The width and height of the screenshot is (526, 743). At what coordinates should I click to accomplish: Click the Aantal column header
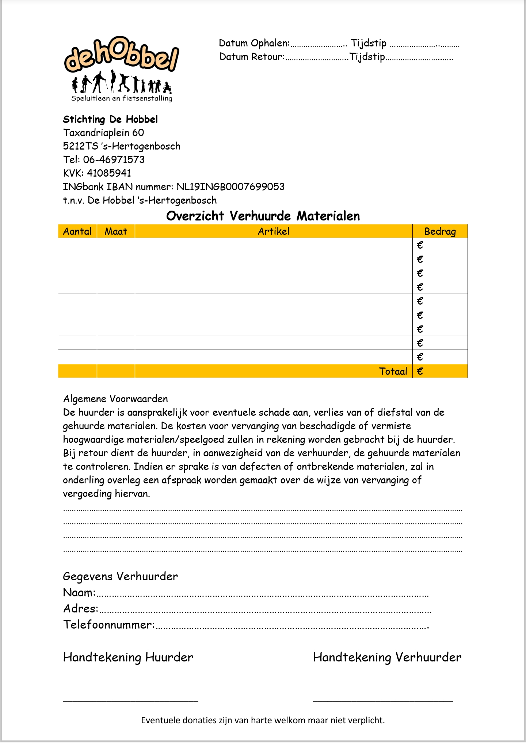point(77,231)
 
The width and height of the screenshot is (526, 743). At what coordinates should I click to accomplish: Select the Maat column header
point(116,231)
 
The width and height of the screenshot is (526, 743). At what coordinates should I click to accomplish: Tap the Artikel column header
point(274,231)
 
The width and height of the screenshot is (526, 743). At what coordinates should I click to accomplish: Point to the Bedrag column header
point(440,231)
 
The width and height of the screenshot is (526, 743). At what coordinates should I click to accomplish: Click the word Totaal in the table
point(393,371)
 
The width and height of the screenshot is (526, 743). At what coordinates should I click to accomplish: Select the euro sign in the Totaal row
point(420,371)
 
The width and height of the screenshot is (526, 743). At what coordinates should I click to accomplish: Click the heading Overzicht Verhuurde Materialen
point(263,216)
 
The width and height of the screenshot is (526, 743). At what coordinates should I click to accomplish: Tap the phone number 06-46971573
point(114,159)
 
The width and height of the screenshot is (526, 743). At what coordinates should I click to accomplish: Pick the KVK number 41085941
point(109,173)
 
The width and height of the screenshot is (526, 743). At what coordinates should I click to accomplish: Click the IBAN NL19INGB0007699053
point(230,186)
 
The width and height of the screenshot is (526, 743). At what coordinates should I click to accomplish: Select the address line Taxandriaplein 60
point(103,132)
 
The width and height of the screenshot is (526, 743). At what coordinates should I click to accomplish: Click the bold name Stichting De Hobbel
point(110,119)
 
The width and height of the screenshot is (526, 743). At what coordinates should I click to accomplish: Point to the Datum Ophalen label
point(254,43)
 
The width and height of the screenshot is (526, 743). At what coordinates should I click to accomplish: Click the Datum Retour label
point(252,57)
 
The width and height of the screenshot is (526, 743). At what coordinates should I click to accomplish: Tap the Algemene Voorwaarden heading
point(115,399)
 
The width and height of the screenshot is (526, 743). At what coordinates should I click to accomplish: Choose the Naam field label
point(79,592)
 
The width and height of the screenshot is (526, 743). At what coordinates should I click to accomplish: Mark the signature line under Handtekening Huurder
point(130,700)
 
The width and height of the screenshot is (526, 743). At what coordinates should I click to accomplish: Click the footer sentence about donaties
point(263,720)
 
